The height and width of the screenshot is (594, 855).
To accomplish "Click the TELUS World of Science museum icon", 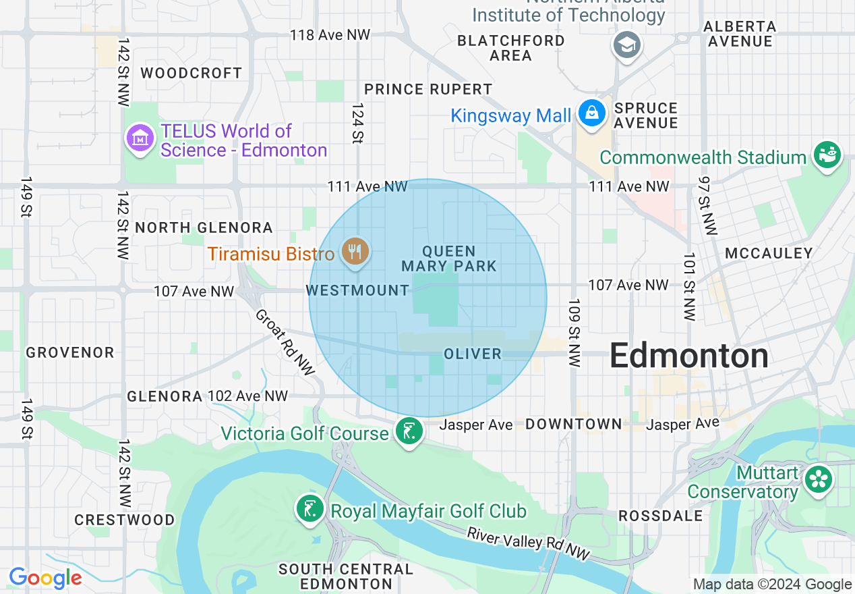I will (x=140, y=138).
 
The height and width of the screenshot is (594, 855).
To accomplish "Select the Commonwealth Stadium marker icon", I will (x=827, y=155).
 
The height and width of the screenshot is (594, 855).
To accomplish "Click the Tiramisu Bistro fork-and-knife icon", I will (x=355, y=252).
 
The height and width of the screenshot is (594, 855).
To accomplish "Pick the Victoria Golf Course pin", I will (x=409, y=431).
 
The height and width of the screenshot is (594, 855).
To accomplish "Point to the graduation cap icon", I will (x=627, y=45).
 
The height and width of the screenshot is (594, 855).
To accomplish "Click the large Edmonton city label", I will (x=688, y=356).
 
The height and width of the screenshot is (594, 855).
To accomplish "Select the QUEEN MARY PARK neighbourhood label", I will (x=449, y=259).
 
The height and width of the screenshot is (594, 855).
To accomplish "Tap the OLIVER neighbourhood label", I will (x=473, y=354).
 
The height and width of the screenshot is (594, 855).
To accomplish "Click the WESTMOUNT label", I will (x=357, y=291).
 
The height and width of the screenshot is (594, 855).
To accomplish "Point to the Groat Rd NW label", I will (x=285, y=342).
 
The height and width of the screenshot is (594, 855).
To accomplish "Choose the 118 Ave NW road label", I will (x=330, y=35).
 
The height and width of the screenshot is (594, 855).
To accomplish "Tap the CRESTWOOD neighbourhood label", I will (x=125, y=520).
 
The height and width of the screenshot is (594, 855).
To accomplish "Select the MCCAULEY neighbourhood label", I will (x=769, y=253).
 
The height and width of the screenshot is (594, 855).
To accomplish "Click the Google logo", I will (x=45, y=578).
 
